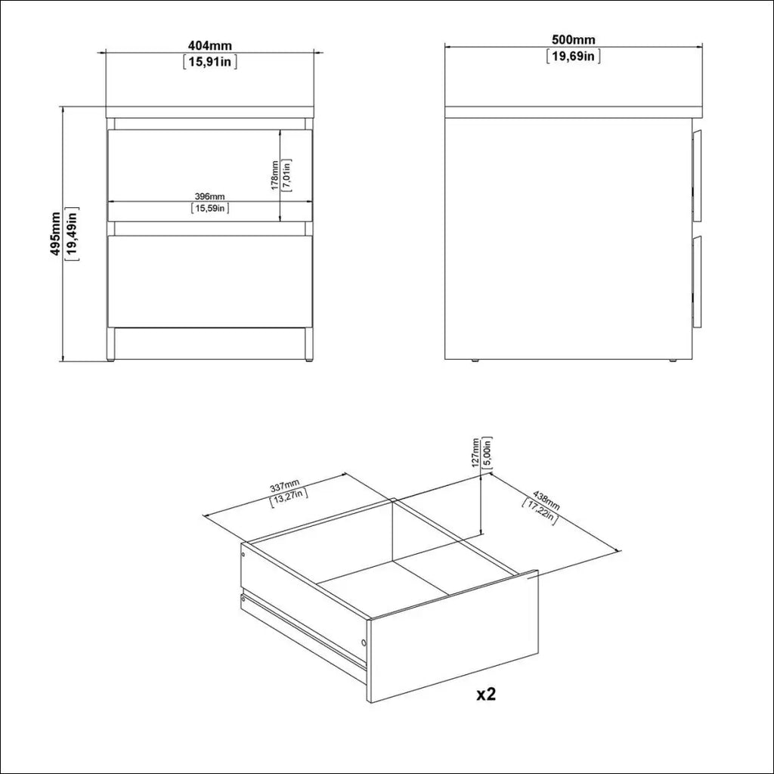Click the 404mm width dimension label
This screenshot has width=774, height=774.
point(210,45)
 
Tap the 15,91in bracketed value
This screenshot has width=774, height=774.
point(210,62)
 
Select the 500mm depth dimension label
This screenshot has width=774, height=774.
point(574,39)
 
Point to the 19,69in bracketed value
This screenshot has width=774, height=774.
point(574,56)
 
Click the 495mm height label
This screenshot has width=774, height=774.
point(54,234)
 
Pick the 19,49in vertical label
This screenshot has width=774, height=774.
point(72,234)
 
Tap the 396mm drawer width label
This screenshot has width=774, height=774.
point(210,197)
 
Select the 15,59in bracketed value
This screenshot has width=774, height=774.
point(210,209)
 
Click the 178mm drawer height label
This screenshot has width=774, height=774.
point(275,175)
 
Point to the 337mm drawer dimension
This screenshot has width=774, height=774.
point(285,486)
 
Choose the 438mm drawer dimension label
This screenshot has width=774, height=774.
point(546,500)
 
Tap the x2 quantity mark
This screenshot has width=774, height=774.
point(486,694)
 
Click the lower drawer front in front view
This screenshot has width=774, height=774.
point(210,281)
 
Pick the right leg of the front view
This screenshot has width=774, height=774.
point(308,345)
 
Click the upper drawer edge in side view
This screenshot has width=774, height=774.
point(697,175)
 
